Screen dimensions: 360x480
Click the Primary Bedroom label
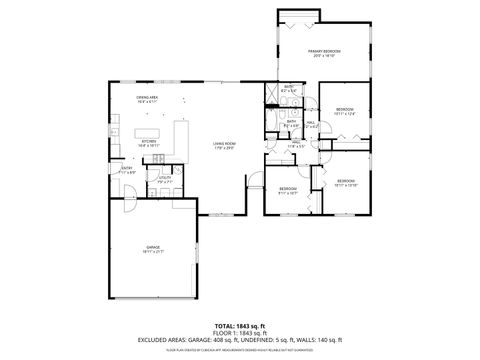click(x=324, y=52)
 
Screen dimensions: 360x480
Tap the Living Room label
click(x=224, y=146)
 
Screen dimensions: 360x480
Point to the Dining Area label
click(x=149, y=98)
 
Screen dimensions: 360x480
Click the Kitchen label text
click(x=149, y=142)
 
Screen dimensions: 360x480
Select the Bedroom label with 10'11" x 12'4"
click(x=344, y=110)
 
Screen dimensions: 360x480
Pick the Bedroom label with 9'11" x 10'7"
click(x=288, y=190)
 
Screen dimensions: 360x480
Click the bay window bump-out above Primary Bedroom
click(x=298, y=13)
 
